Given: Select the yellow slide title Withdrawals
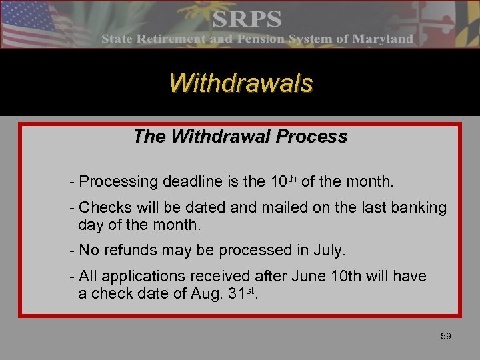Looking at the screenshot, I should point(240,83).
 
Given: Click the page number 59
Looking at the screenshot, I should point(445,336).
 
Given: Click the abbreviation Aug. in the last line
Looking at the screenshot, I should point(195,294).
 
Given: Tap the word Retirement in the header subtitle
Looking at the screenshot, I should point(175,39).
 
